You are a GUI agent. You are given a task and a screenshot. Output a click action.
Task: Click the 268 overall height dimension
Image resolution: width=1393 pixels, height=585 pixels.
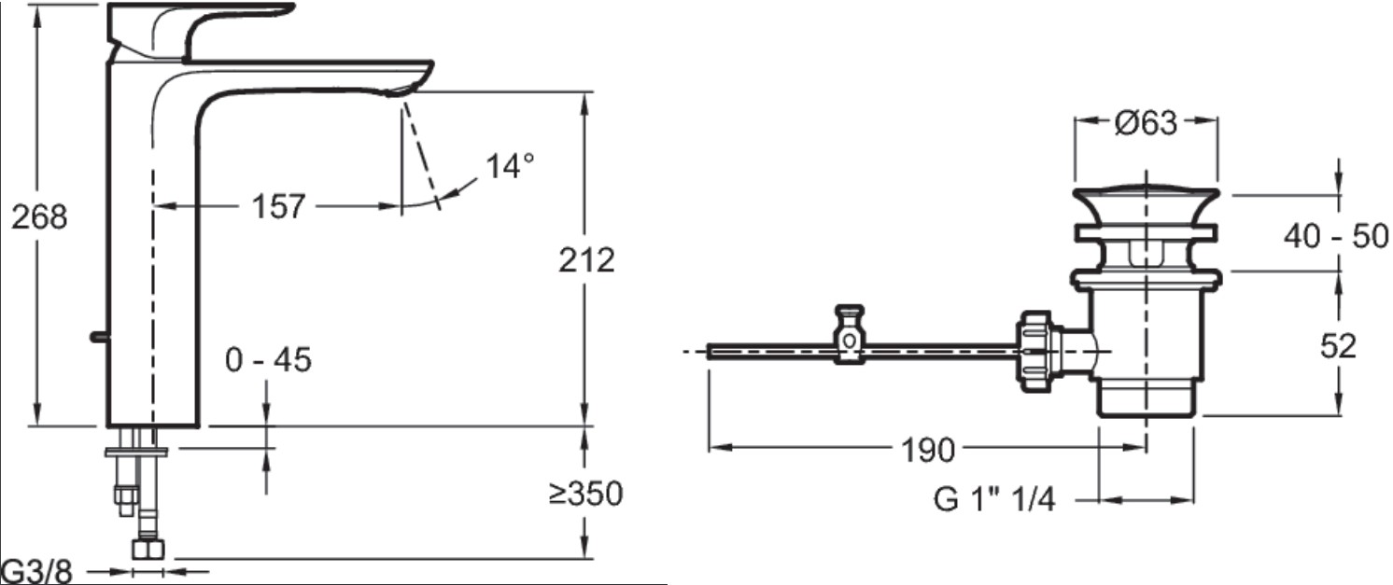39,217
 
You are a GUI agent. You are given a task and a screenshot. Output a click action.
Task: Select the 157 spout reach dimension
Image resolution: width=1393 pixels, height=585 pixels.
278,206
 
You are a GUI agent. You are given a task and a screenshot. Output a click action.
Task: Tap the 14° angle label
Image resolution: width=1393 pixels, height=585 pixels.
510,166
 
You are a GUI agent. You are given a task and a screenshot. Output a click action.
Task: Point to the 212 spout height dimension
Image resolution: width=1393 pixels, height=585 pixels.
586,260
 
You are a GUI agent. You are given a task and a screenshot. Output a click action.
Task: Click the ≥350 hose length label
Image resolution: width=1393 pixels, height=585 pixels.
585,494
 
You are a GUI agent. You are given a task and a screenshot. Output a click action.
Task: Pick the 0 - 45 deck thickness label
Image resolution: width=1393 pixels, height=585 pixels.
269,360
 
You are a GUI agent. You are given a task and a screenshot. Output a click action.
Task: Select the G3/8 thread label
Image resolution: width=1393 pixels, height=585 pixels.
37,571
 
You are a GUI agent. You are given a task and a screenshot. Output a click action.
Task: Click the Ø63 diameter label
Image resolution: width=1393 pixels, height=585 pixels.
1146,122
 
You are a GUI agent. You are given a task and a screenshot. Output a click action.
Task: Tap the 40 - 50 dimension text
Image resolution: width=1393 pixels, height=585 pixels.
1336,236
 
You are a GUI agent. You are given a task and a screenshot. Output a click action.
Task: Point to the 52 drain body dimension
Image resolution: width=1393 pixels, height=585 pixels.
1338,345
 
